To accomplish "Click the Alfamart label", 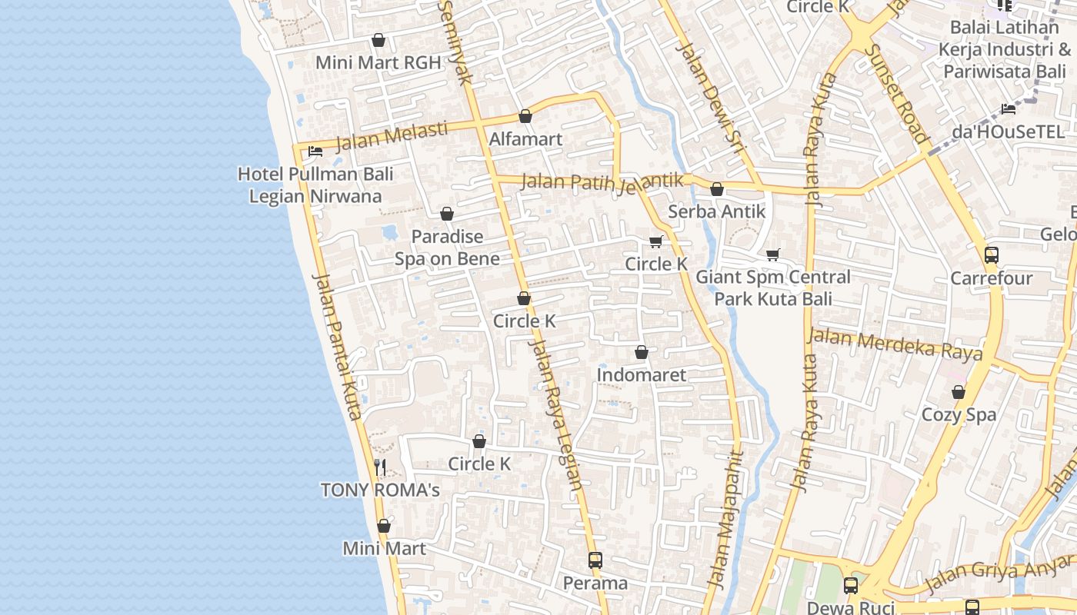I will tap(525, 140).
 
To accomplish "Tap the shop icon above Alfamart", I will tap(525, 116).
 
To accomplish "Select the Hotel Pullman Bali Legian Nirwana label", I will tap(315, 184).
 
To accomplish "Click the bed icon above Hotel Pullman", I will tap(315, 151).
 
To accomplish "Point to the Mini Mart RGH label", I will tap(378, 63).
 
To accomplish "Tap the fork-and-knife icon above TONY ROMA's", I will tap(379, 467).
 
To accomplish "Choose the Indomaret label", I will tap(642, 375).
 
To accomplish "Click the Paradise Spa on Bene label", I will tap(447, 248).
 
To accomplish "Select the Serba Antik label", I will tap(717, 211).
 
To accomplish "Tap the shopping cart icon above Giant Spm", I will tap(773, 254).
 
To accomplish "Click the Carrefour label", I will tap(992, 278).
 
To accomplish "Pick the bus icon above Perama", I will tap(595, 560).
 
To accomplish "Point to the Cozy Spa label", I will tap(959, 415).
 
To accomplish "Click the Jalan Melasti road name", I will tap(392, 136).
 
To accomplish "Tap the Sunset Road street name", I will tap(898, 92).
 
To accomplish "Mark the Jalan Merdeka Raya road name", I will tap(895, 344).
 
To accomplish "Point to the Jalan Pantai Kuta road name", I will tap(338, 346).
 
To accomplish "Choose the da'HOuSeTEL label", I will tap(1008, 131).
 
